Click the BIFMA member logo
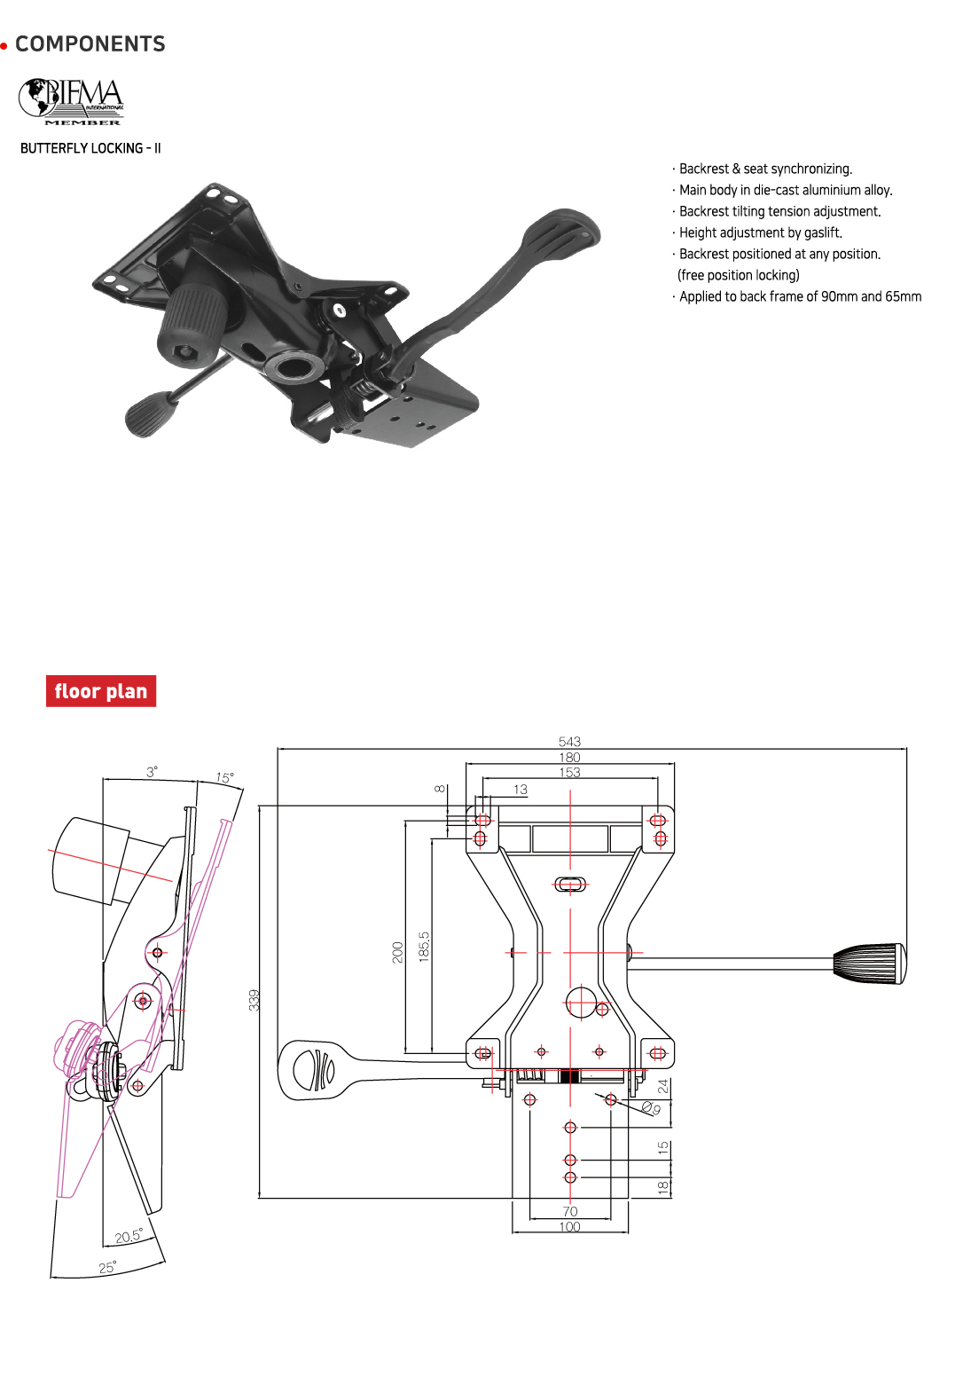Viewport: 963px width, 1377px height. click(72, 101)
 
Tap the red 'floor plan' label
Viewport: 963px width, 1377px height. click(101, 691)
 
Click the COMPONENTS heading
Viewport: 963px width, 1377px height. click(90, 44)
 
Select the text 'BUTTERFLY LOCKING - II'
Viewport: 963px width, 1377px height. click(90, 148)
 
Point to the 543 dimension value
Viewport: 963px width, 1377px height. click(569, 742)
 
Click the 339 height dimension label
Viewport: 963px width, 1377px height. click(254, 1000)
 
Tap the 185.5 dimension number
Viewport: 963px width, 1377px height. click(424, 947)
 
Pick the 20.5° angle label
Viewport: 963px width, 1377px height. click(128, 1236)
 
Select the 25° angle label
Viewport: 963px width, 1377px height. click(107, 1268)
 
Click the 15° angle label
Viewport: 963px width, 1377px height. click(225, 778)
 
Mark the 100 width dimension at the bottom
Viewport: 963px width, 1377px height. click(569, 1227)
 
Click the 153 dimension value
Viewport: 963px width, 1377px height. click(569, 773)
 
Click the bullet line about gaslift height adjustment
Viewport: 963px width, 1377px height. click(761, 232)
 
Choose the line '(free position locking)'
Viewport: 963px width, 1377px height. click(739, 275)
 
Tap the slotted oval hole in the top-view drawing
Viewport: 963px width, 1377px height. click(570, 884)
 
